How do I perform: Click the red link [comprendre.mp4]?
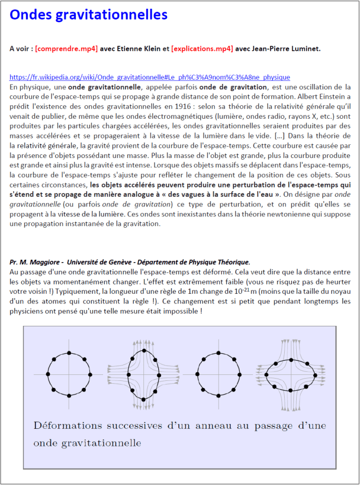[66, 48]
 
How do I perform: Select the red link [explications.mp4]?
[202, 48]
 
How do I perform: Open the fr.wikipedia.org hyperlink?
[150, 77]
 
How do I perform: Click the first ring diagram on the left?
[69, 374]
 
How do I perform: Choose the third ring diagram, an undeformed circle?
[220, 374]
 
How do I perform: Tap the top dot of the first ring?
[69, 354]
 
